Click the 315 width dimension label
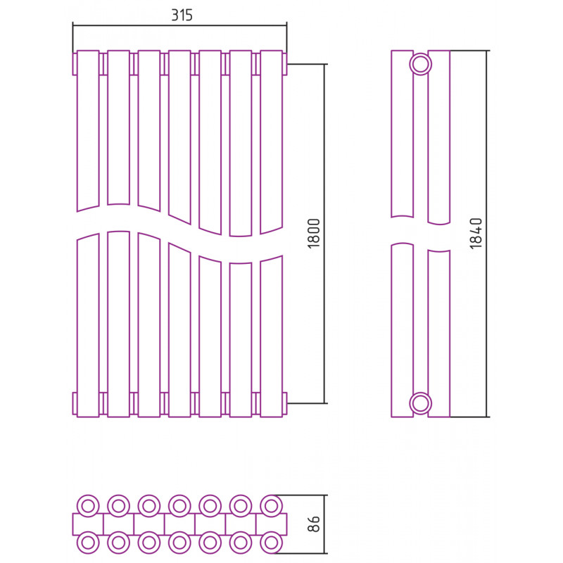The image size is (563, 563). coord(182,15)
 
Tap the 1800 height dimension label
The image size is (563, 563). coord(313,234)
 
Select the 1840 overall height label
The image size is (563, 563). coord(476,234)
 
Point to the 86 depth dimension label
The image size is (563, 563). coord(313,524)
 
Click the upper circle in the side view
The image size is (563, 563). coord(420,64)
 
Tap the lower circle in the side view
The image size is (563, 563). coord(420,403)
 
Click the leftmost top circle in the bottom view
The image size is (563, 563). coord(88,506)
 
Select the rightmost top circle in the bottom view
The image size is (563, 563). coord(271,506)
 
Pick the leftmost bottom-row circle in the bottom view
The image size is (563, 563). coord(88,543)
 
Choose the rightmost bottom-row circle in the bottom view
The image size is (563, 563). coord(271,543)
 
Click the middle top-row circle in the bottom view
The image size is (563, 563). coord(179,506)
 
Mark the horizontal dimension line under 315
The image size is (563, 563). coord(179,25)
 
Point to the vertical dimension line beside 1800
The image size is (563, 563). coord(324,234)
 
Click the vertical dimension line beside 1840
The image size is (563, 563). coord(487,234)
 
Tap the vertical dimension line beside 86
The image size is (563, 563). coord(324,524)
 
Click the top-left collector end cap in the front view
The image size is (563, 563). coord(75,64)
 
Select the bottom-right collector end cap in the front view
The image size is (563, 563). coord(285,403)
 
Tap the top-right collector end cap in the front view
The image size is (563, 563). coord(285,64)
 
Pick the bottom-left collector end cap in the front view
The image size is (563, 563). coord(75,403)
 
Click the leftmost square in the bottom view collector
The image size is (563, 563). coord(88,524)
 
